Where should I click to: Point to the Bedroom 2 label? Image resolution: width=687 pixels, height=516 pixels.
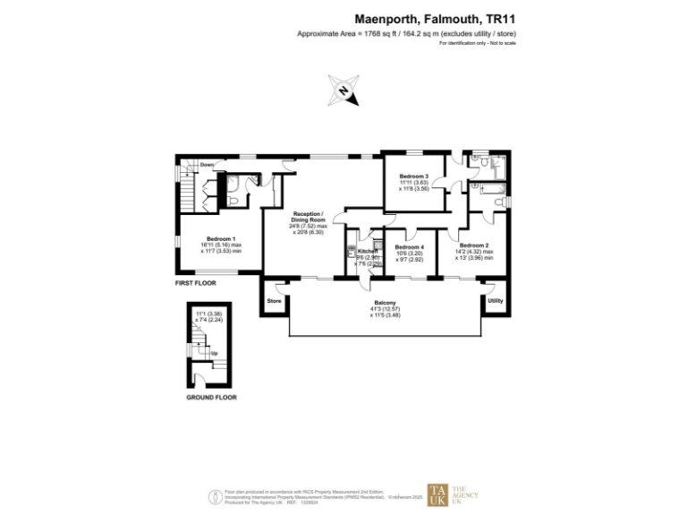pos(473,245)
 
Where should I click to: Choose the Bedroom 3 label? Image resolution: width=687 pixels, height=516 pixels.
pos(414,176)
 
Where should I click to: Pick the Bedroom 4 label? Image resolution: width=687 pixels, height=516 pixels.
pos(409,246)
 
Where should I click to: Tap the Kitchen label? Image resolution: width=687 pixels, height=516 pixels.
pos(369,252)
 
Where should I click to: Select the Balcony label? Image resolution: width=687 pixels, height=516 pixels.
pos(385,303)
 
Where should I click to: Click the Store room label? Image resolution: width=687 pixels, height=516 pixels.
pos(274,302)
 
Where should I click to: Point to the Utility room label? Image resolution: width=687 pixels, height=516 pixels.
pos(495,301)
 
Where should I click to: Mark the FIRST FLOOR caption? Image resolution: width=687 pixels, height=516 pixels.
pos(195,282)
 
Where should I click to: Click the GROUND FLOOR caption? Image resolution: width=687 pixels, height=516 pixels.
pos(211,397)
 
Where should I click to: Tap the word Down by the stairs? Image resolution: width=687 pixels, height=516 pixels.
pos(208,165)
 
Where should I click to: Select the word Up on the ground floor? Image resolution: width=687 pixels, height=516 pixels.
pos(214,354)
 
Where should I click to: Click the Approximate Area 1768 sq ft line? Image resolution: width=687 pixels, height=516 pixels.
pos(407,34)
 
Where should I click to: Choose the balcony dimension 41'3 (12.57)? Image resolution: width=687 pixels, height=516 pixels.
pos(385,309)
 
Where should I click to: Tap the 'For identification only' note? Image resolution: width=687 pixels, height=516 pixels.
pos(478,44)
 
